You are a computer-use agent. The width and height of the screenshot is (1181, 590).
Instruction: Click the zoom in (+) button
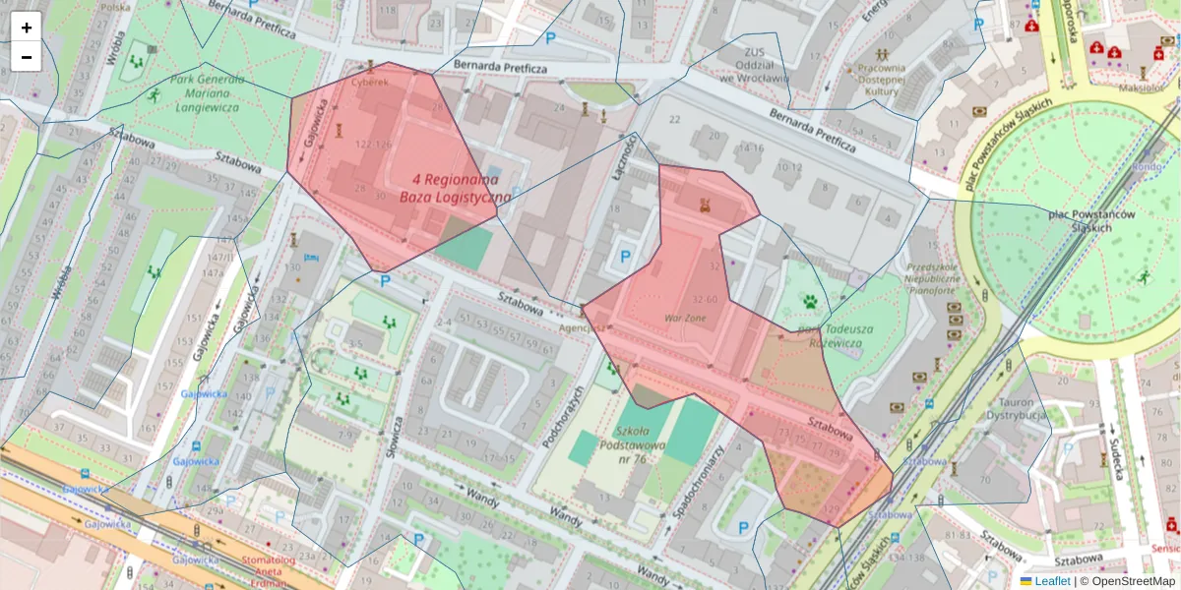click(x=27, y=28)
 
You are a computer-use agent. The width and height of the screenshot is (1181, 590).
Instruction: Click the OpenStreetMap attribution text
click(x=1133, y=581)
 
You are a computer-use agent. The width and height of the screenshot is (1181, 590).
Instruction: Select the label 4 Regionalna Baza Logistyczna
click(x=456, y=189)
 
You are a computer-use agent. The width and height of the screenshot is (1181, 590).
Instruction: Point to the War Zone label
click(x=685, y=319)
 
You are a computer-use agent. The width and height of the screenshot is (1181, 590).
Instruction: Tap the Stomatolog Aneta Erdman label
click(x=269, y=571)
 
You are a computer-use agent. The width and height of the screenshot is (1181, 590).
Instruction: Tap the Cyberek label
click(x=371, y=82)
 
